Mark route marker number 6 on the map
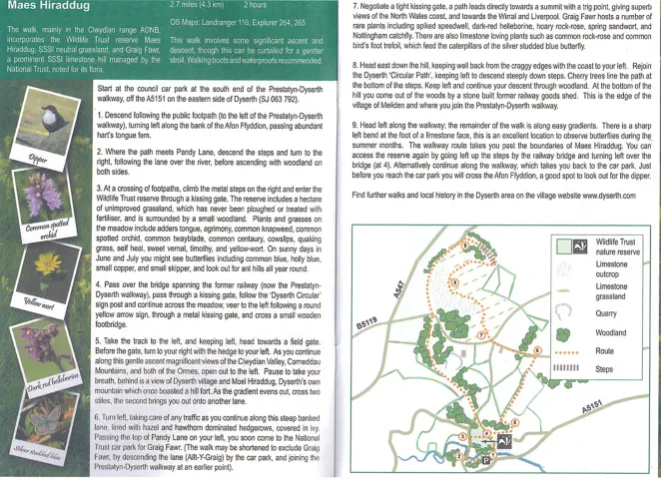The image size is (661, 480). [x=537, y=349]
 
